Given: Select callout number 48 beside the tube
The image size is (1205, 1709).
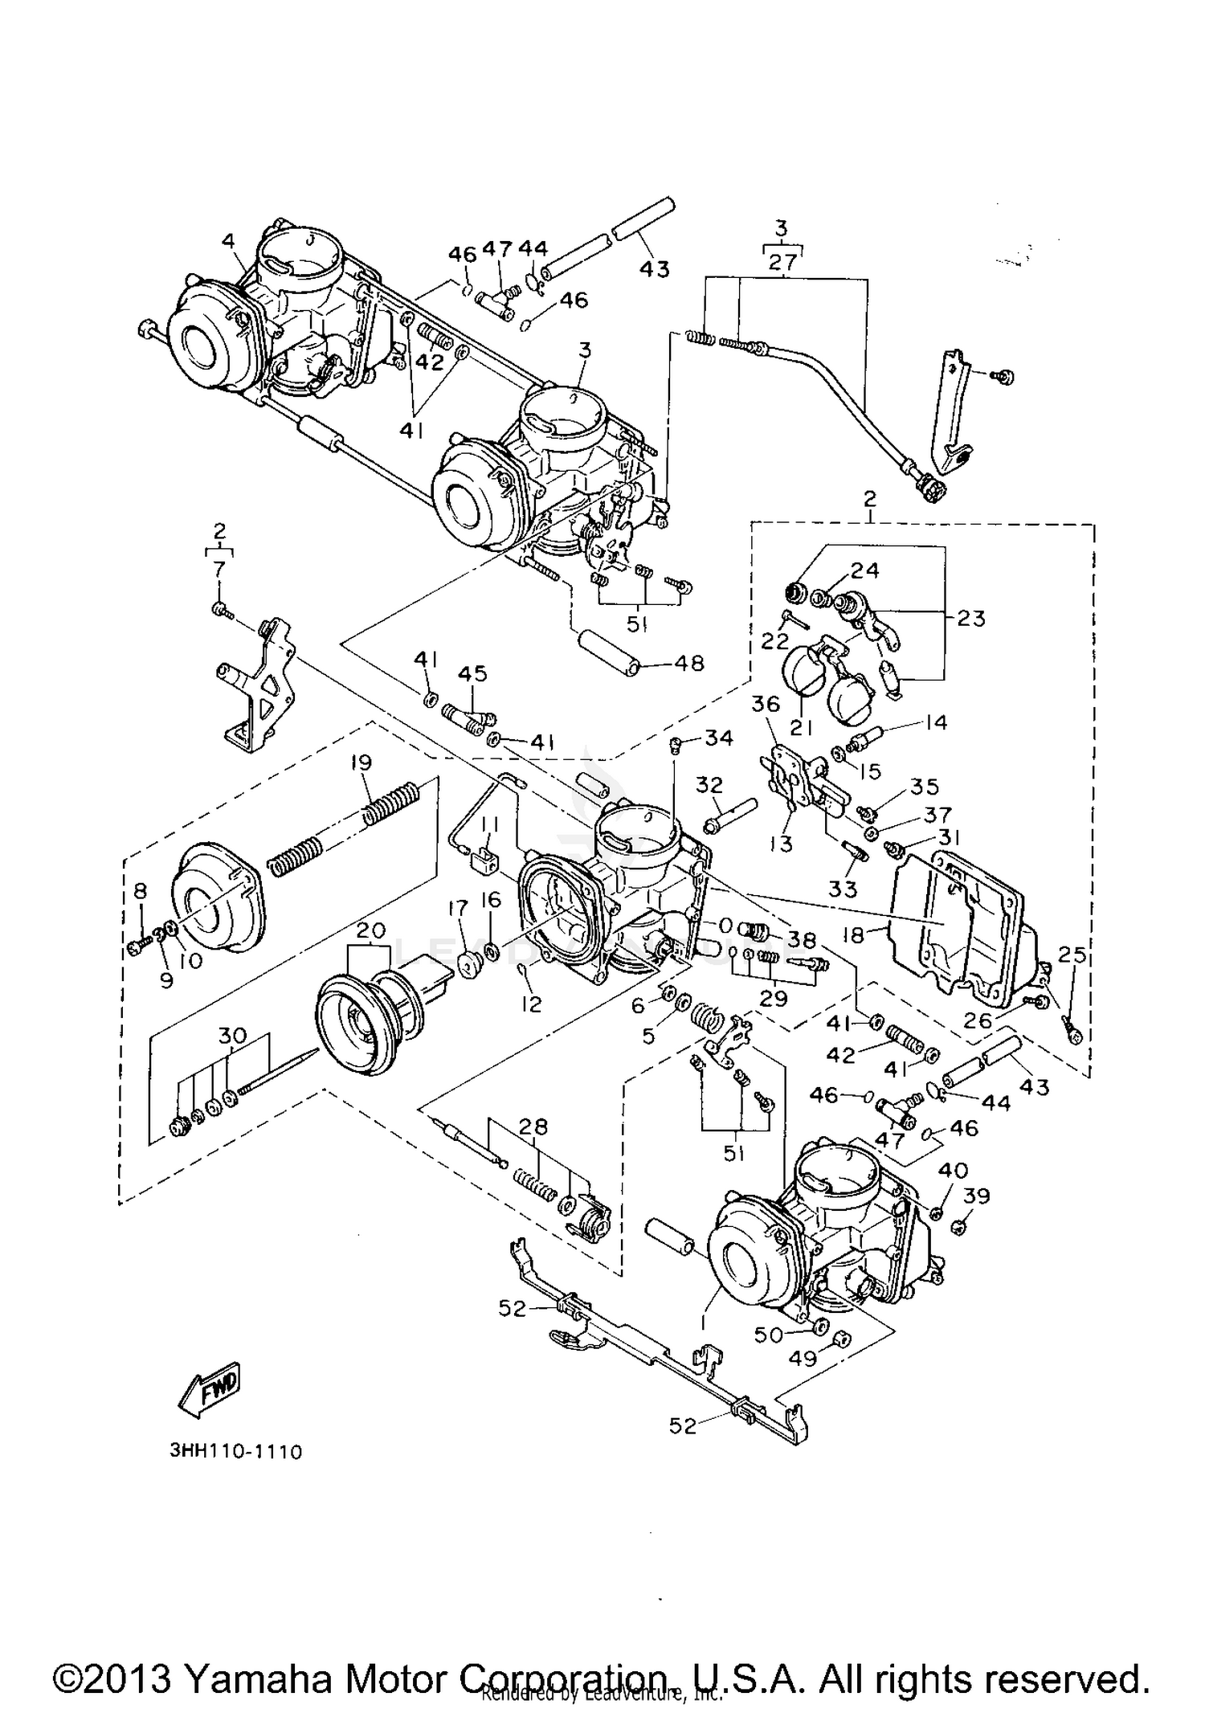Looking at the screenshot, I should pyautogui.click(x=689, y=663).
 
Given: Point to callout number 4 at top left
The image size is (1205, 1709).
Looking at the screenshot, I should pyautogui.click(x=229, y=240).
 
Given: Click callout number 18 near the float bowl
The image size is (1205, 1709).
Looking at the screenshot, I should pyautogui.click(x=853, y=934).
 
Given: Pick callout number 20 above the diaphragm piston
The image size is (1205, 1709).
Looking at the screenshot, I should pyautogui.click(x=370, y=930).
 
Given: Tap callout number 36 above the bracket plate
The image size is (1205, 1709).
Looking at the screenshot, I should pyautogui.click(x=766, y=704).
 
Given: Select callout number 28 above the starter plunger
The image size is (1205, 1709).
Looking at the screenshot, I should pyautogui.click(x=533, y=1126).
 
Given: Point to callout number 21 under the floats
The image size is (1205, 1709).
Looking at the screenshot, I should pyautogui.click(x=801, y=727).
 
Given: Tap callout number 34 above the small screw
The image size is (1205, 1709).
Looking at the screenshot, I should pyautogui.click(x=719, y=737).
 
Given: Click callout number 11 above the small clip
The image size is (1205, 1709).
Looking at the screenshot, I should pyautogui.click(x=489, y=824).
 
